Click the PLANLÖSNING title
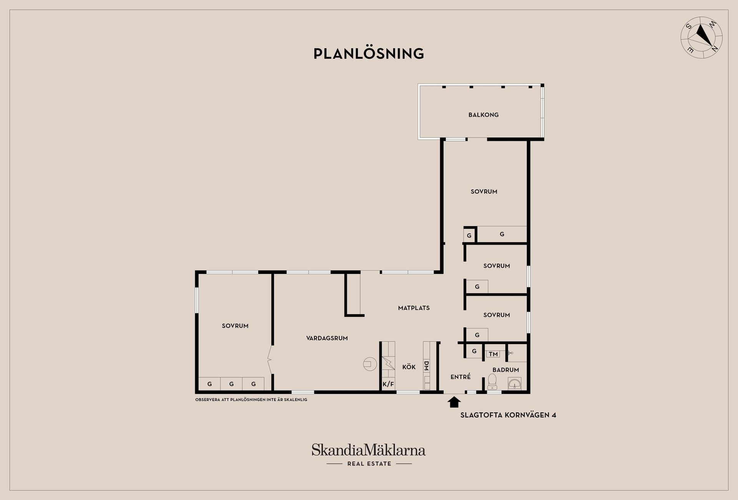pyautogui.click(x=369, y=53)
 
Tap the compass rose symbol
pyautogui.click(x=701, y=38)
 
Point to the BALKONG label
pyautogui.click(x=484, y=115)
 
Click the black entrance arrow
pyautogui.click(x=454, y=402)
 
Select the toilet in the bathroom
pyautogui.click(x=492, y=382)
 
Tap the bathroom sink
pyautogui.click(x=515, y=383)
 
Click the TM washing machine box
pyautogui.click(x=493, y=354)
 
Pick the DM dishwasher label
pyautogui.click(x=426, y=366)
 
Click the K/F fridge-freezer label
pyautogui.click(x=388, y=384)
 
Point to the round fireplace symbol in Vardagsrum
pyautogui.click(x=370, y=364)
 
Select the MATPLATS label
pyautogui.click(x=414, y=308)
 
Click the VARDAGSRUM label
pyautogui.click(x=327, y=338)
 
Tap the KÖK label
pyautogui.click(x=409, y=367)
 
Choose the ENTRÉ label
pyautogui.click(x=460, y=377)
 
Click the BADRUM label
pyautogui.click(x=506, y=370)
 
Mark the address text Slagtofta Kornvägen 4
pyautogui.click(x=508, y=415)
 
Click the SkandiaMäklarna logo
pyautogui.click(x=369, y=450)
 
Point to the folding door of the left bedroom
pyautogui.click(x=270, y=360)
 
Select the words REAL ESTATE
pyautogui.click(x=369, y=464)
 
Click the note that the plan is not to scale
pyautogui.click(x=251, y=400)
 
